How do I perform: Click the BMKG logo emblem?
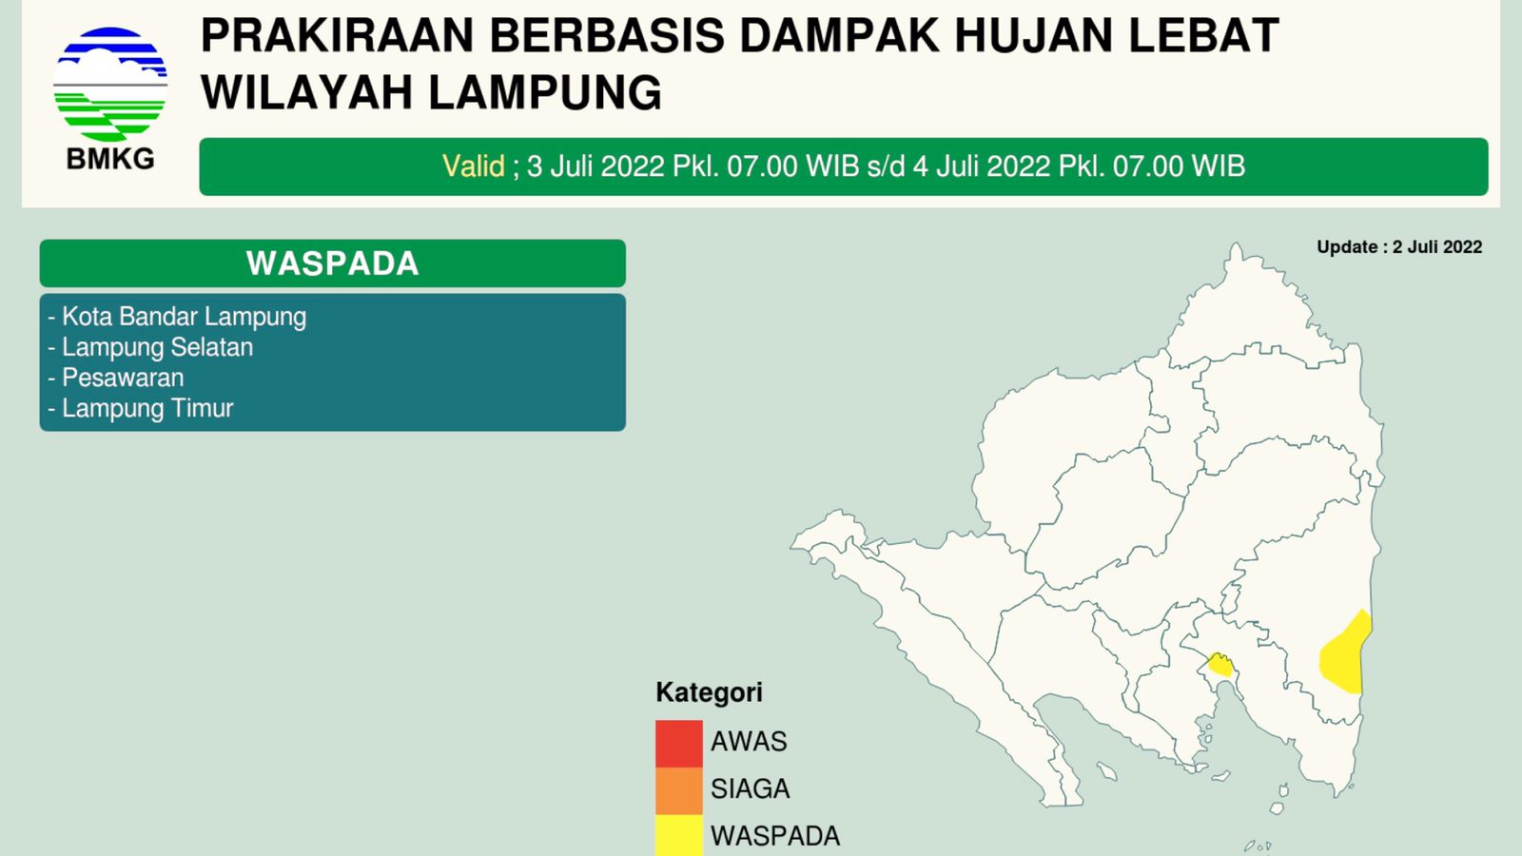[110, 85]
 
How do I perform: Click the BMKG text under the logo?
[110, 159]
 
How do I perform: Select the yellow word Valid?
[473, 166]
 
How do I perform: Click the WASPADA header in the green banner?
[332, 263]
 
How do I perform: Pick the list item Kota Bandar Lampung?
[177, 317]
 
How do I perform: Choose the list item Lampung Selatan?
[151, 347]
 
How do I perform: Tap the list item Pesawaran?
[116, 378]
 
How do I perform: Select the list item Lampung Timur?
[141, 408]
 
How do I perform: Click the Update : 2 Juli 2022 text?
[1399, 246]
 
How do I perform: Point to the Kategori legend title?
[709, 692]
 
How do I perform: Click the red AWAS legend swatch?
[679, 744]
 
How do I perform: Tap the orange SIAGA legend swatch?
[679, 790]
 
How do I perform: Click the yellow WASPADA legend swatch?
[679, 835]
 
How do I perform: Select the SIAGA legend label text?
[751, 788]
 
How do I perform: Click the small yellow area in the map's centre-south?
[1220, 665]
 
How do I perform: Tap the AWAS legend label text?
[749, 741]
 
